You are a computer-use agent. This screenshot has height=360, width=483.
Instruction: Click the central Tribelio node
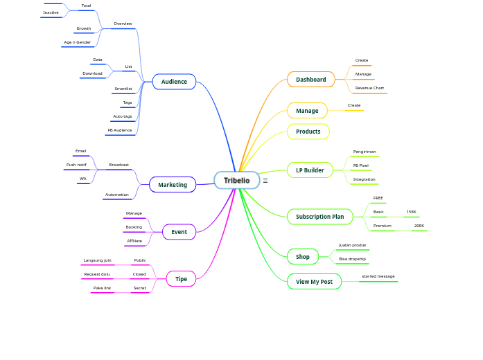[236, 180]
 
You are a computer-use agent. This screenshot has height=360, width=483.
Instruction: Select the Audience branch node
[174, 82]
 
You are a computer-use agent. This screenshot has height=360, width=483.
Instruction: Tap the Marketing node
[173, 185]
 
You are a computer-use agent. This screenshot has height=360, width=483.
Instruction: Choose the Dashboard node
[310, 80]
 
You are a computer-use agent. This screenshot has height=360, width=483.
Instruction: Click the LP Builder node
[310, 170]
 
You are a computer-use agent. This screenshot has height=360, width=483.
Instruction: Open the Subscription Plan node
[319, 217]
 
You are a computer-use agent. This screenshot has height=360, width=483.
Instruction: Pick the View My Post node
[314, 282]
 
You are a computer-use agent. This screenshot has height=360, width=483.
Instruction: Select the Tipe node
[181, 279]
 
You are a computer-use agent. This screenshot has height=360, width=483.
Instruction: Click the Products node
[308, 132]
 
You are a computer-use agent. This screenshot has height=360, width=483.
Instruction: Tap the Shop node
[303, 257]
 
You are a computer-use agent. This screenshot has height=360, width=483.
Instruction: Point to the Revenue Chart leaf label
[369, 88]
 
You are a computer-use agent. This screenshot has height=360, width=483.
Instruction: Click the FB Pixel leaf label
[360, 165]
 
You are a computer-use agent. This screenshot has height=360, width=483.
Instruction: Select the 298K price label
[419, 226]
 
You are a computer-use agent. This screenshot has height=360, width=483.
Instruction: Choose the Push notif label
[76, 165]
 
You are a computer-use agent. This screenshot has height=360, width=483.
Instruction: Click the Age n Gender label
[77, 42]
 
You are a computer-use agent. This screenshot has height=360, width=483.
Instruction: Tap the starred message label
[378, 276]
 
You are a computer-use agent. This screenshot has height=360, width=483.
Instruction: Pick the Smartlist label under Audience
[123, 89]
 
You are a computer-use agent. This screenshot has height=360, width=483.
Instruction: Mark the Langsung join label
[97, 260]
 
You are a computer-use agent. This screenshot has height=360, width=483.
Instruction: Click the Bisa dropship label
[352, 259]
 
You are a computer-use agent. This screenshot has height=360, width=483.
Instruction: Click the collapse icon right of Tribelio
[265, 181]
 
